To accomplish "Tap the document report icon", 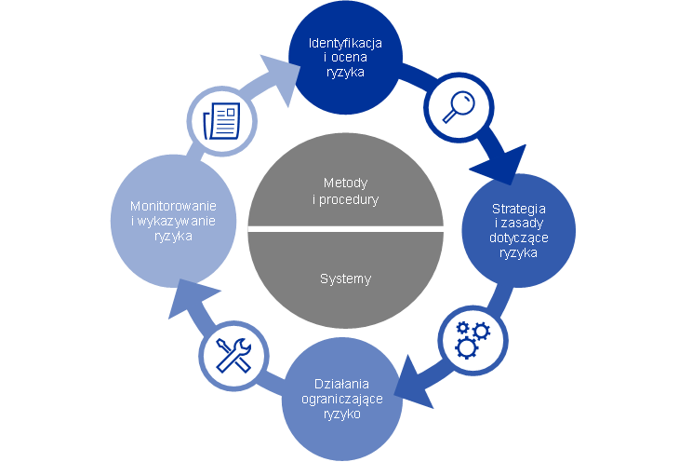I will click(x=221, y=119).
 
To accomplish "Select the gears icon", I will click(x=472, y=338).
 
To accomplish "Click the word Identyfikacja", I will click(x=345, y=44).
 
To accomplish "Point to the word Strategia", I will click(x=518, y=208).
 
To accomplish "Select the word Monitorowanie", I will click(x=174, y=206).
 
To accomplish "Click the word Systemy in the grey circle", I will click(x=345, y=279).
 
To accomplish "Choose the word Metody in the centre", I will click(x=345, y=183).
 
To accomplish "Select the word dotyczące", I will click(x=519, y=238).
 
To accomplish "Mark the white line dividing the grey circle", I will click(x=345, y=228).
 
